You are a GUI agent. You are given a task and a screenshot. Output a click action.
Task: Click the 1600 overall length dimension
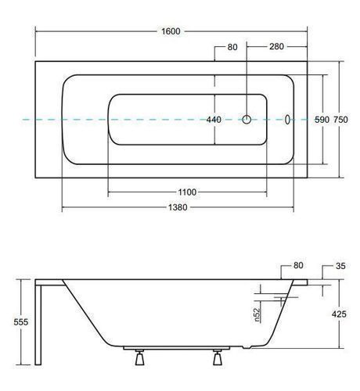click(x=171, y=31)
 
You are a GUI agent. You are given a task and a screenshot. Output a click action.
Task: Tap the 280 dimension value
click(x=276, y=47)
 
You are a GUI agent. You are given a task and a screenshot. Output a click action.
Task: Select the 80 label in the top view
click(x=232, y=47)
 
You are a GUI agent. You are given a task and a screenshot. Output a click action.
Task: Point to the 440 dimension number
click(x=214, y=120)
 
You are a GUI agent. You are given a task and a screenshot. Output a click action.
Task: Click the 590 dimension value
click(x=322, y=120)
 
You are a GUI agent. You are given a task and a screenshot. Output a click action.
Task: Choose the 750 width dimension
click(x=340, y=120)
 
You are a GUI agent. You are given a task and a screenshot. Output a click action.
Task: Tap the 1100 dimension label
click(x=187, y=192)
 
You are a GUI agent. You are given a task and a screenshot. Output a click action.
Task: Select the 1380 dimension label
click(x=178, y=207)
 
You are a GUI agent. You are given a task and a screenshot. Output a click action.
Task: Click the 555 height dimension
click(x=21, y=322)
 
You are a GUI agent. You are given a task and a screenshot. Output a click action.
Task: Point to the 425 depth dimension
click(x=339, y=314)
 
